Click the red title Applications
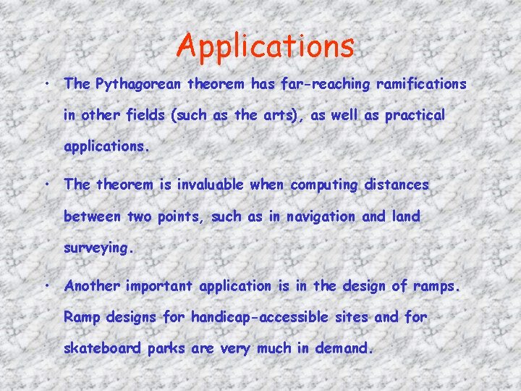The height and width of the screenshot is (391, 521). [266, 46]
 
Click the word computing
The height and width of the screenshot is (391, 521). [324, 185]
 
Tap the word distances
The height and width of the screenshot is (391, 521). [397, 185]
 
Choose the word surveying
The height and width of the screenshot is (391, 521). [98, 248]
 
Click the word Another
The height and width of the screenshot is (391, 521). [93, 285]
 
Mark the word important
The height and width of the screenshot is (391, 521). [159, 285]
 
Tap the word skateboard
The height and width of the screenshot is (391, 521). [103, 348]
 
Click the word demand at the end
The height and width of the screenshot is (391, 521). [344, 348]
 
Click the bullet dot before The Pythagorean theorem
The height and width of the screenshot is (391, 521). [46, 83]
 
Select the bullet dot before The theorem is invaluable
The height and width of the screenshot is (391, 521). [46, 184]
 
